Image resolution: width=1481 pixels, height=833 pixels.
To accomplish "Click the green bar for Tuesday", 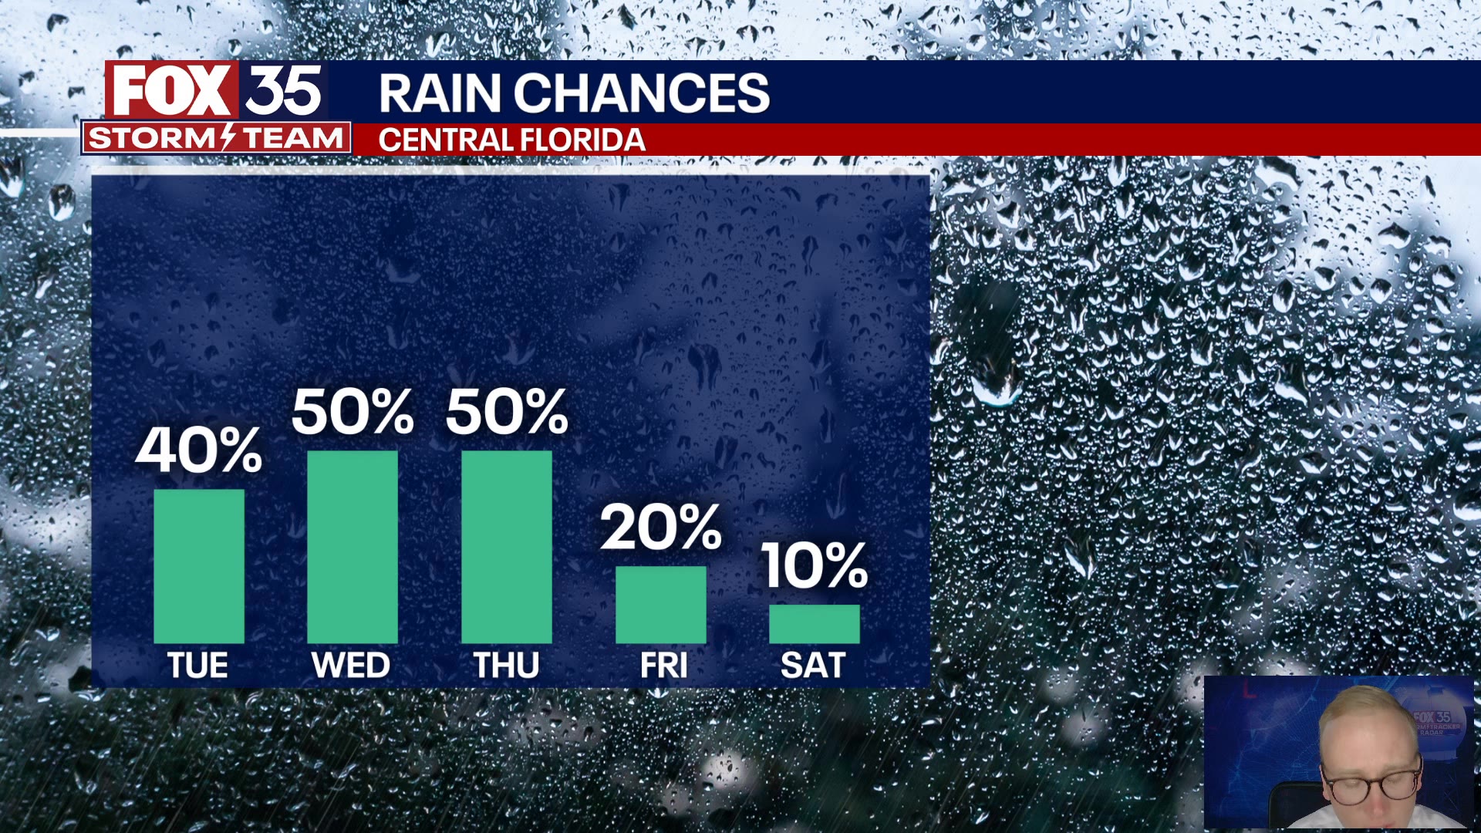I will pyautogui.click(x=199, y=566).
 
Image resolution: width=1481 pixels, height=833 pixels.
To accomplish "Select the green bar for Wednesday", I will pyautogui.click(x=353, y=547).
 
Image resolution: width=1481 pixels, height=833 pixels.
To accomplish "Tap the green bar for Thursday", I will pyautogui.click(x=507, y=547).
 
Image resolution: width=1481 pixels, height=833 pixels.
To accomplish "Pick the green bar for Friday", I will pyautogui.click(x=661, y=605).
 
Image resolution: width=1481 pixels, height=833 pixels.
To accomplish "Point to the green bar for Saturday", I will pyautogui.click(x=815, y=624).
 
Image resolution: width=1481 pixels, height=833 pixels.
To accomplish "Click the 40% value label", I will pyautogui.click(x=199, y=450).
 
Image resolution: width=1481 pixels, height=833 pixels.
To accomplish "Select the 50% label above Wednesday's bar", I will pyautogui.click(x=353, y=411).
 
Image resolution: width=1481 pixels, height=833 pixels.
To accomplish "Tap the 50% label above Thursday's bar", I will pyautogui.click(x=507, y=411).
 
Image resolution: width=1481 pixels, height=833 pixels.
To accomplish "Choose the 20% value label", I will pyautogui.click(x=661, y=528).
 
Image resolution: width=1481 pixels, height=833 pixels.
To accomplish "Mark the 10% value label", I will pyautogui.click(x=815, y=565).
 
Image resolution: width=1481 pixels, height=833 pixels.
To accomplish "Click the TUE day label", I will pyautogui.click(x=198, y=666).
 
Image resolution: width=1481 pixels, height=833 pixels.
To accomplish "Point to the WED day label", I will pyautogui.click(x=351, y=666).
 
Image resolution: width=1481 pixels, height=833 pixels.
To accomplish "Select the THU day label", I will pyautogui.click(x=506, y=666).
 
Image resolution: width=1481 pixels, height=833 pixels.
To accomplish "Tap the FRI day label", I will pyautogui.click(x=663, y=666).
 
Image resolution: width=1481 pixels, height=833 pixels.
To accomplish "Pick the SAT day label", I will pyautogui.click(x=813, y=666).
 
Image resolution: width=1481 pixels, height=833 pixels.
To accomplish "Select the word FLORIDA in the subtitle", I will pyautogui.click(x=582, y=140).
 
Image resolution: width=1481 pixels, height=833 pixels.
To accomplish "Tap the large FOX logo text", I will pyautogui.click(x=172, y=90).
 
